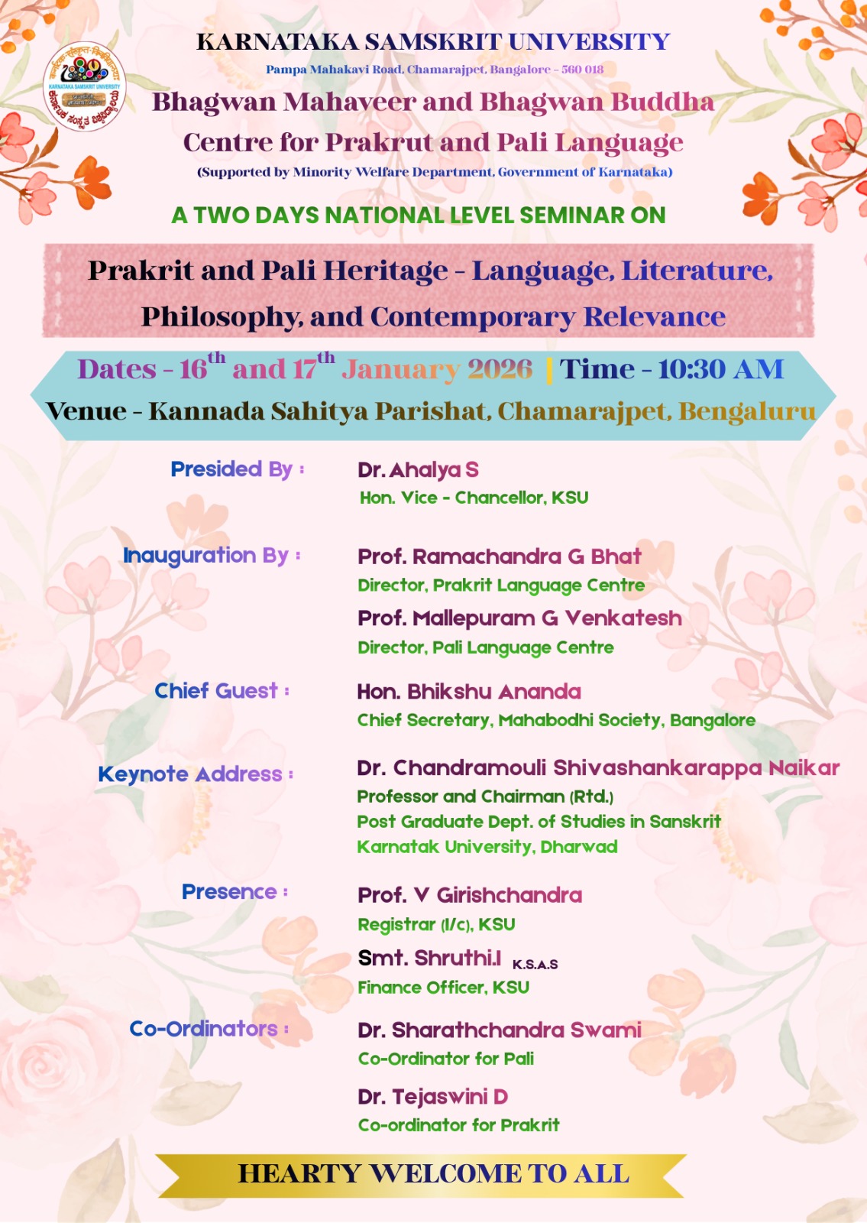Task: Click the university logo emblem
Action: coord(85,86)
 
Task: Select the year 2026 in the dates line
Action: coord(500,370)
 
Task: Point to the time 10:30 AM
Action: coord(721,370)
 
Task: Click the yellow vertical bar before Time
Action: coord(549,371)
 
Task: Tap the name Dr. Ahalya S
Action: coord(418,469)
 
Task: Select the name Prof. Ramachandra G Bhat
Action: coord(500,556)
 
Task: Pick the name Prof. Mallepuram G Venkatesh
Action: coord(520,618)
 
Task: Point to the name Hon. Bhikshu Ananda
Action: coord(469,692)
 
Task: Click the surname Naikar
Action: coord(804,768)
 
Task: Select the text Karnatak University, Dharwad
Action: coord(487,847)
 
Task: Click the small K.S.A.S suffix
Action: coord(535,965)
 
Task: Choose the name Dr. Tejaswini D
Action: coord(432,1096)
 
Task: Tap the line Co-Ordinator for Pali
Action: coord(446,1059)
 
